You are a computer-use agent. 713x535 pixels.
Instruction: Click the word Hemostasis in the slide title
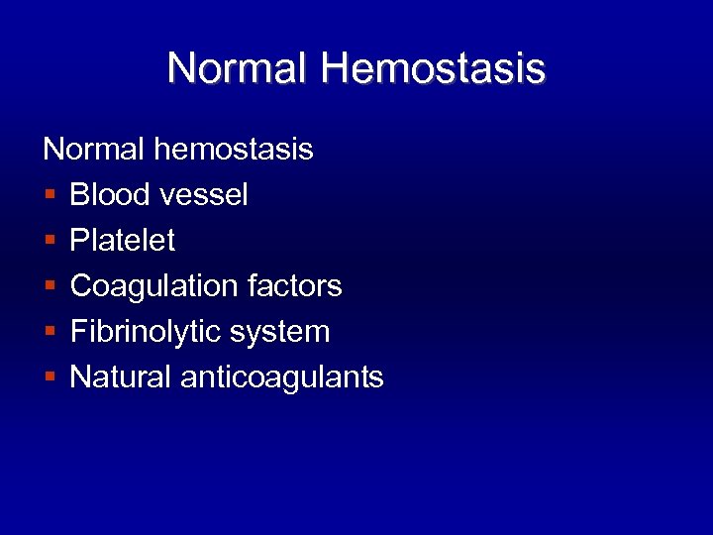tap(433, 68)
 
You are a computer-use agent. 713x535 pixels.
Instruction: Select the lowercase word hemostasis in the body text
tap(234, 150)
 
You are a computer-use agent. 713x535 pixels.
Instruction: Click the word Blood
tap(110, 195)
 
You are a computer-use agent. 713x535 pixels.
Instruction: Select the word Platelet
tap(123, 241)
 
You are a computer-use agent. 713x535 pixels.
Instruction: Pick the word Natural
tap(122, 377)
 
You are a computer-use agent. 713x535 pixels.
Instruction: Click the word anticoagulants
tap(283, 377)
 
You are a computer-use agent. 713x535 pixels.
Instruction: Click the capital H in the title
tap(335, 68)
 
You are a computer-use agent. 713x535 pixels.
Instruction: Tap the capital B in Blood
tap(79, 195)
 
